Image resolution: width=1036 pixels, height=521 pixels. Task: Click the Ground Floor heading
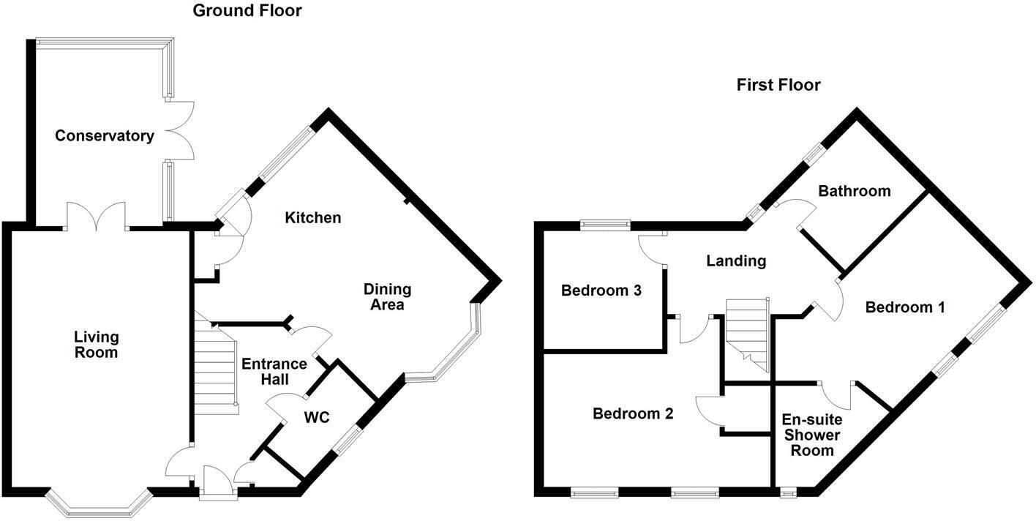pos(247,11)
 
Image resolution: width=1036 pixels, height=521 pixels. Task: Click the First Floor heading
pos(778,85)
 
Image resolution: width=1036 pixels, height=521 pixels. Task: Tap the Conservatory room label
pos(105,136)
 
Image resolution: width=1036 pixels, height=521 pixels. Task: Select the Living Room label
pos(96,345)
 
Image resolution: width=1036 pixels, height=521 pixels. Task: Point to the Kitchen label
pos(312,218)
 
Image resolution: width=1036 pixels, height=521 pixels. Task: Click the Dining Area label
pos(387,297)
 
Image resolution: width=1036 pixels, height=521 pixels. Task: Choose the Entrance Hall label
pos(274,372)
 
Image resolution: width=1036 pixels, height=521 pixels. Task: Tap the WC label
pos(317,418)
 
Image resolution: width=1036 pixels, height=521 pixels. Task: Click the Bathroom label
pos(855,191)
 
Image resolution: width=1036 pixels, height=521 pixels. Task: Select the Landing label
pos(736,260)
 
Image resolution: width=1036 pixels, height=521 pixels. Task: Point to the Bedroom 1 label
pos(905,307)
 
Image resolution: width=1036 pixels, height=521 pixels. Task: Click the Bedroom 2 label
pos(633,414)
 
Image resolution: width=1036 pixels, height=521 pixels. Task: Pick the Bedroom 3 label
pos(601,291)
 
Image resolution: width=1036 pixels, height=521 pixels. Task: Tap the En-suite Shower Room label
pos(812,435)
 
